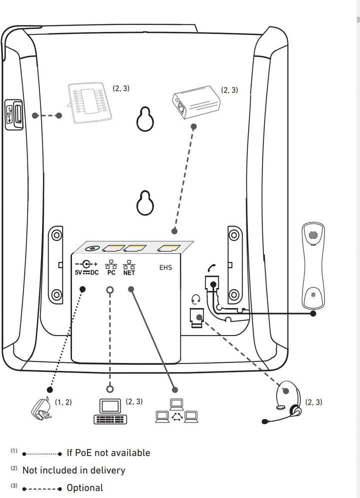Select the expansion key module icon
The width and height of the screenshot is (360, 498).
[x=88, y=102]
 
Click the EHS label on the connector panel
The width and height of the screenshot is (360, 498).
[x=165, y=267]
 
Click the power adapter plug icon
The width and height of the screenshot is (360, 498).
[x=40, y=407]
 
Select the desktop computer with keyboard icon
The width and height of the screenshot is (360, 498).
[x=110, y=411]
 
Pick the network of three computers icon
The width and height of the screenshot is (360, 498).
[x=177, y=411]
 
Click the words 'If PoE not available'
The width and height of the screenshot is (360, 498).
[x=108, y=453]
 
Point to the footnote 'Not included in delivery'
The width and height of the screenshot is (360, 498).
[x=73, y=470]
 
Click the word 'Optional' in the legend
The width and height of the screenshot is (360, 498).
[x=85, y=488]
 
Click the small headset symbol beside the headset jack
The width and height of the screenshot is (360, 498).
[x=196, y=299]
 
